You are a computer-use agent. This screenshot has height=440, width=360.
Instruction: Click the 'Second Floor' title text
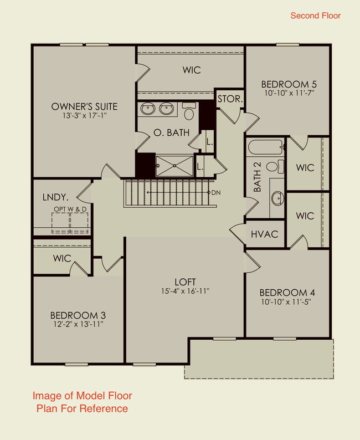(x=315, y=16)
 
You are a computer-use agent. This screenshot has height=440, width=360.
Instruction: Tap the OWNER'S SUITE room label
(x=84, y=106)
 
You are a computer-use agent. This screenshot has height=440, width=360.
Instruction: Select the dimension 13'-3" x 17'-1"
(x=84, y=116)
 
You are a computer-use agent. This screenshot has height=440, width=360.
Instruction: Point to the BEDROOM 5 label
(x=288, y=84)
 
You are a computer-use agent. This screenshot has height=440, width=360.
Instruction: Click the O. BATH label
(x=171, y=132)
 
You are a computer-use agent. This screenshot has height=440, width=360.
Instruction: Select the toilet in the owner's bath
(x=189, y=112)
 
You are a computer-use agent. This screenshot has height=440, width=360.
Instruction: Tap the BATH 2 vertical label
(x=257, y=181)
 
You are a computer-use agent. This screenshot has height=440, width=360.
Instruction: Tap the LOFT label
(x=185, y=282)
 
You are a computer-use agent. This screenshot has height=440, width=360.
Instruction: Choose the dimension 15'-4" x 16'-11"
(x=185, y=291)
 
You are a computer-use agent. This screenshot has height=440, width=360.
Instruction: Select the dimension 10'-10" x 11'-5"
(x=287, y=303)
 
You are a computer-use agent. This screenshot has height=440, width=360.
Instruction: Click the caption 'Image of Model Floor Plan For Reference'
(x=82, y=402)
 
